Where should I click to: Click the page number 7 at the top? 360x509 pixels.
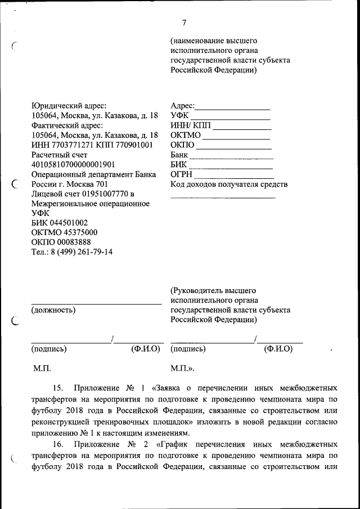pos(184,23)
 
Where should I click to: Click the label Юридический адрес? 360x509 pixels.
pos(68,105)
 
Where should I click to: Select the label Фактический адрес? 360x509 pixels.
pos(67,125)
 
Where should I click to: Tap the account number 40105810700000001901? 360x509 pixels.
pos(73,165)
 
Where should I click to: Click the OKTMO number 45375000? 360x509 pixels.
pos(77,232)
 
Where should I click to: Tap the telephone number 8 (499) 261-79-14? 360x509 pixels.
pos(80,252)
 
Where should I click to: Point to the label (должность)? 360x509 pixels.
pos(54,309)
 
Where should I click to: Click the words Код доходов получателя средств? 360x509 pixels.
pos(229,184)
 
